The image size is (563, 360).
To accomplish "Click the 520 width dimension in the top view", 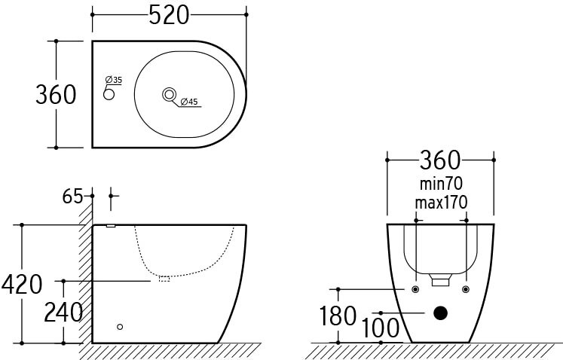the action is click(x=169, y=16).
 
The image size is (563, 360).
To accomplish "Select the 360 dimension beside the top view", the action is click(x=56, y=95).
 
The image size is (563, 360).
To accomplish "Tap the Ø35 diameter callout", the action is click(x=114, y=80).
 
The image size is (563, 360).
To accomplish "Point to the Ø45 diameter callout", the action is click(x=189, y=102).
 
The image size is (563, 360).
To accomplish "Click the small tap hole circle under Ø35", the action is click(x=109, y=94).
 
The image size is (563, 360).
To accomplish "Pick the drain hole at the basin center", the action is click(x=169, y=94).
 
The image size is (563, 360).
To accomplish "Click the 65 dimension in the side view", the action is click(x=72, y=197).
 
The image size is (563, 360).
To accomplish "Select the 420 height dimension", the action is click(x=22, y=284).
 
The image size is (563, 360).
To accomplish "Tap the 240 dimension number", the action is click(x=63, y=313).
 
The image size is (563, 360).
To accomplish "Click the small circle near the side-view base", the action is click(x=120, y=327).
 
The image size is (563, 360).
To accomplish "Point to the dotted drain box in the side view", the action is click(x=164, y=279).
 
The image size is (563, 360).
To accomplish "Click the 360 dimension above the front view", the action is click(x=440, y=160).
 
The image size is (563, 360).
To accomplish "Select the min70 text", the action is click(x=441, y=184).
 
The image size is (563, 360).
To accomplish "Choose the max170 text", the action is click(x=441, y=203).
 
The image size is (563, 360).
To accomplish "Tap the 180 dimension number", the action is click(x=338, y=316).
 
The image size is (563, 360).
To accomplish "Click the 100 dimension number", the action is click(x=381, y=328).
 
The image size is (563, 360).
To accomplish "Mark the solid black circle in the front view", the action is click(x=441, y=313).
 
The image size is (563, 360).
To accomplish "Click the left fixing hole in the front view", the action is click(x=416, y=289).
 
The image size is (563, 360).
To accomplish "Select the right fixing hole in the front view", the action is click(x=466, y=289).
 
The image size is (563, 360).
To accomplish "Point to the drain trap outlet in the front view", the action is click(x=441, y=279).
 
